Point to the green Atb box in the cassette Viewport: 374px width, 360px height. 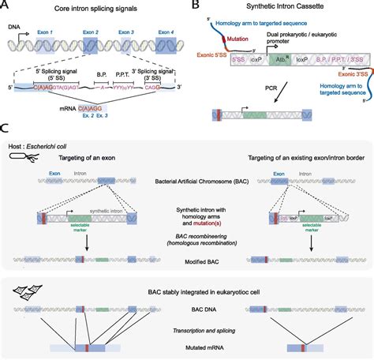(278, 58)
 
